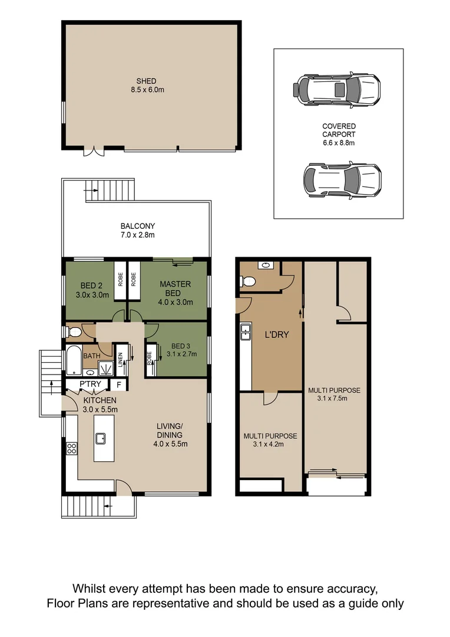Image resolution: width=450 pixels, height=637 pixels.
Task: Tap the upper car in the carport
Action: (336, 89)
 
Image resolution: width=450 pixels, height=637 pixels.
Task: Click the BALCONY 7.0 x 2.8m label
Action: (138, 231)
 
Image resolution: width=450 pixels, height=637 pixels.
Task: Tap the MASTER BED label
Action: (176, 288)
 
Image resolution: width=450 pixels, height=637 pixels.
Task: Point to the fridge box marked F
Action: (118, 385)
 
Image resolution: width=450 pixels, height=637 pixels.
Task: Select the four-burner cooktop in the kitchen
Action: (71, 448)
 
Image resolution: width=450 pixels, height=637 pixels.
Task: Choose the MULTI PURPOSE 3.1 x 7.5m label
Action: (334, 394)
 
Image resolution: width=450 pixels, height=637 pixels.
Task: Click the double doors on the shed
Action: (92, 152)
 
